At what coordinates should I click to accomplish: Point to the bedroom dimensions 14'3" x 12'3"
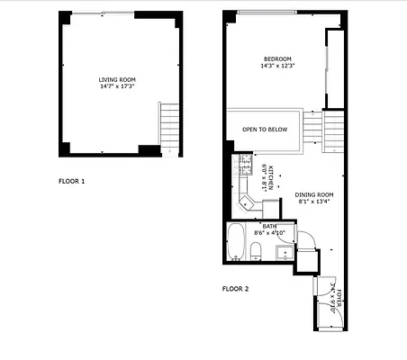pos(277,65)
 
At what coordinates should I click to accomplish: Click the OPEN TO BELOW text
pos(265,130)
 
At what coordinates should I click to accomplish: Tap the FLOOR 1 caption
pos(71,182)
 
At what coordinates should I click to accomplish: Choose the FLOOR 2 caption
pos(235,289)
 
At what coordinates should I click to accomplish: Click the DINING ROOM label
pos(314,195)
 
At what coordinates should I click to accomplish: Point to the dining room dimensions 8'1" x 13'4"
pos(314,202)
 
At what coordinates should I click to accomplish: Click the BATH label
pos(269,227)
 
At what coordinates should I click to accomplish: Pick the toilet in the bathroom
pos(257,249)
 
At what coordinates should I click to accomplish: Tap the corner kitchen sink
pos(246,200)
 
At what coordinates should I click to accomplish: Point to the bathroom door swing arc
pos(304,237)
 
